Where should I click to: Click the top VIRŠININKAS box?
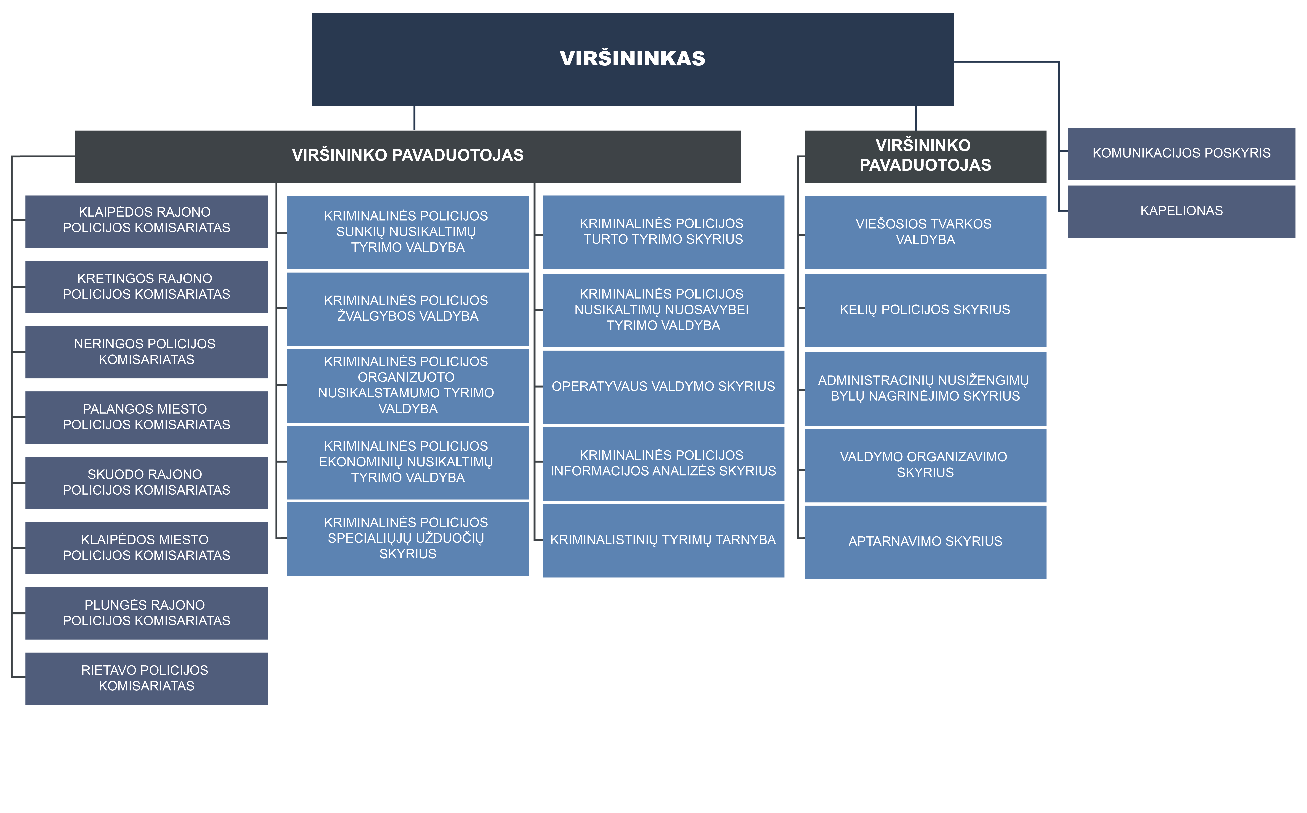632,59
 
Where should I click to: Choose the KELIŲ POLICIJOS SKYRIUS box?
925,310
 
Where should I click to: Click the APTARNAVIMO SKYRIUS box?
925,542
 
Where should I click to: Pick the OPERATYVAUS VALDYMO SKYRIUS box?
663,387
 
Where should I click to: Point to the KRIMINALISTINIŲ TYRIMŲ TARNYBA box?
663,540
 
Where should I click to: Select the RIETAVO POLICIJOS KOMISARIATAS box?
146,679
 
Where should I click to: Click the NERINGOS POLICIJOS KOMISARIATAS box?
146,352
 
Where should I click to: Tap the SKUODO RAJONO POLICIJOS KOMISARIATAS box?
146,483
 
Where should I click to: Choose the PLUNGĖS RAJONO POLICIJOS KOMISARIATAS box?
146,614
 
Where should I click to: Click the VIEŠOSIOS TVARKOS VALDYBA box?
925,232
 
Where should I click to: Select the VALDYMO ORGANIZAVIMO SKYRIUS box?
925,466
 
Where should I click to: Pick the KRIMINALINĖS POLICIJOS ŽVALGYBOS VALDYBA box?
408,309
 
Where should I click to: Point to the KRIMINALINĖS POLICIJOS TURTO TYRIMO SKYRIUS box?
663,232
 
